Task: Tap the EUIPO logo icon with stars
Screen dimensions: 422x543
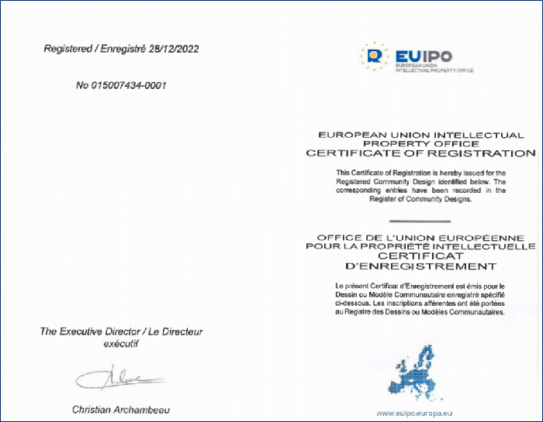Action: click(x=375, y=56)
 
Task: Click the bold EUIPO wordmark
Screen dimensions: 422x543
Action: click(x=424, y=55)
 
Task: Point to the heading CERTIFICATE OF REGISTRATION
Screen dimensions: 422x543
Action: click(x=421, y=153)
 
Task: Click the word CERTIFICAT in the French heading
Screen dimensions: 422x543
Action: click(x=420, y=256)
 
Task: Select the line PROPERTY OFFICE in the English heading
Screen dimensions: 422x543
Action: click(x=421, y=144)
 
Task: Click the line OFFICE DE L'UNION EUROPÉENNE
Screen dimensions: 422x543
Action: click(x=421, y=236)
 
